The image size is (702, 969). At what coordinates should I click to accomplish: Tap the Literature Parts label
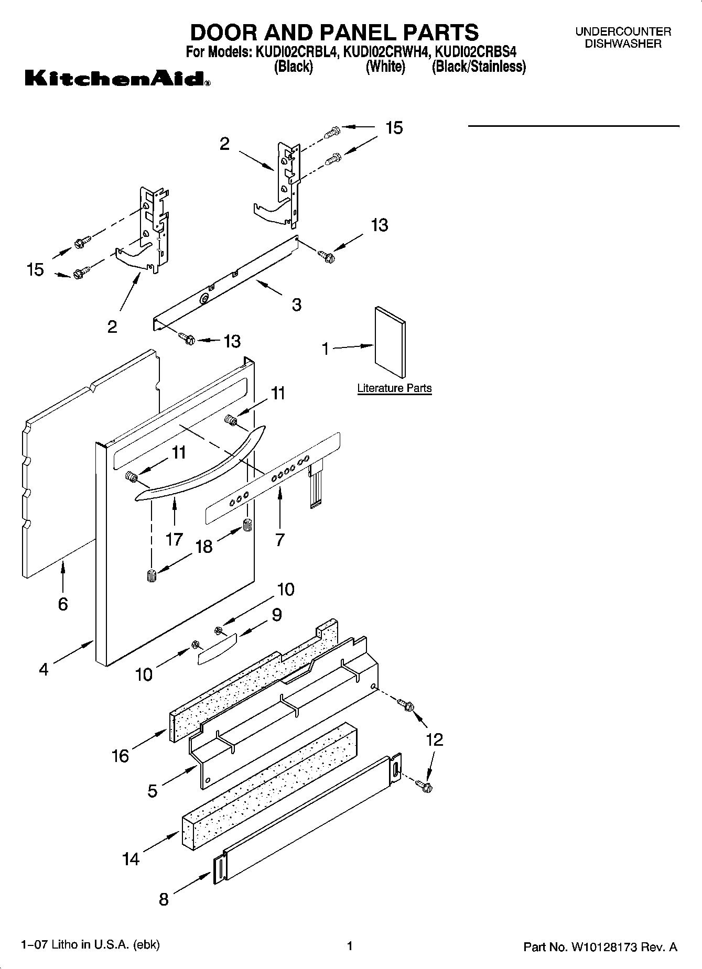pyautogui.click(x=394, y=388)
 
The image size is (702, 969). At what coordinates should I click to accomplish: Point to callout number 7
pyautogui.click(x=279, y=539)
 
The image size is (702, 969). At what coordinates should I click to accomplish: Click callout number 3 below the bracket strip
pyautogui.click(x=296, y=304)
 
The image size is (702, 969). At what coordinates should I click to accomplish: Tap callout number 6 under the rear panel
pyautogui.click(x=62, y=604)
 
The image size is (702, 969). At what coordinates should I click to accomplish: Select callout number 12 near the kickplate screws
pyautogui.click(x=435, y=739)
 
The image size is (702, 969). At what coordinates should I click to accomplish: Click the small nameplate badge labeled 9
pyautogui.click(x=217, y=648)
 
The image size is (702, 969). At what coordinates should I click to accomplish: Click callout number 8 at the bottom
pyautogui.click(x=164, y=900)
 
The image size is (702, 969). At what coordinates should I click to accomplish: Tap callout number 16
pyautogui.click(x=120, y=756)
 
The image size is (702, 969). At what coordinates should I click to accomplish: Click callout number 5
pyautogui.click(x=152, y=791)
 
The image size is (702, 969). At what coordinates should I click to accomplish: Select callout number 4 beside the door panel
pyautogui.click(x=44, y=669)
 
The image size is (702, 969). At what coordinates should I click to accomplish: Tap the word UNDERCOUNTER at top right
pyautogui.click(x=623, y=32)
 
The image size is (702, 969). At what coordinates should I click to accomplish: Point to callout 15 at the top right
pyautogui.click(x=394, y=128)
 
